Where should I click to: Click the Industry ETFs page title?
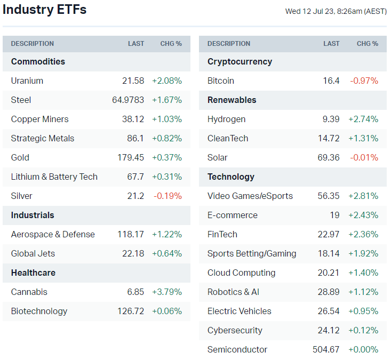[x=44, y=10]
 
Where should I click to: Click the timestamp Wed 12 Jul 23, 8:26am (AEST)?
[x=336, y=11]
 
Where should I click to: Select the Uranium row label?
[x=27, y=81]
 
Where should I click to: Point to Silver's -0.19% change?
[x=167, y=196]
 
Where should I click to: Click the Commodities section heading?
[x=38, y=62]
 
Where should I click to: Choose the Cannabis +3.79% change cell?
[x=167, y=292]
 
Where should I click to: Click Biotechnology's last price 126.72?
[x=131, y=311]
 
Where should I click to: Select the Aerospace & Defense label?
[x=53, y=235]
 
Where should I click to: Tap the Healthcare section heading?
[x=33, y=273]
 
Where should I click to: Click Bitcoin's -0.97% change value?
[x=364, y=81]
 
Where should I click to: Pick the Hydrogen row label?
[x=227, y=119]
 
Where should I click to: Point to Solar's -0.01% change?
[x=364, y=158]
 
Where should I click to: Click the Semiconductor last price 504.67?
[x=326, y=350]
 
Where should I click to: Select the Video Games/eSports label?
[x=250, y=196]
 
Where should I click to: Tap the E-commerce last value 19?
[x=334, y=215]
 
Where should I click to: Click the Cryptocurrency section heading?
[x=240, y=62]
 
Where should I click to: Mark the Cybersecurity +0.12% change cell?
[x=363, y=331]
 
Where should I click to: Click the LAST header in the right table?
[x=331, y=44]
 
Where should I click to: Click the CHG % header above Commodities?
[x=171, y=44]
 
